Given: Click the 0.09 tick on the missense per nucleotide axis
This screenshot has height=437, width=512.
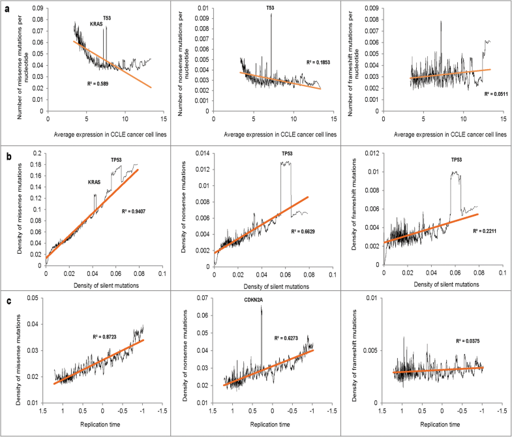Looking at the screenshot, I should click(37, 8).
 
